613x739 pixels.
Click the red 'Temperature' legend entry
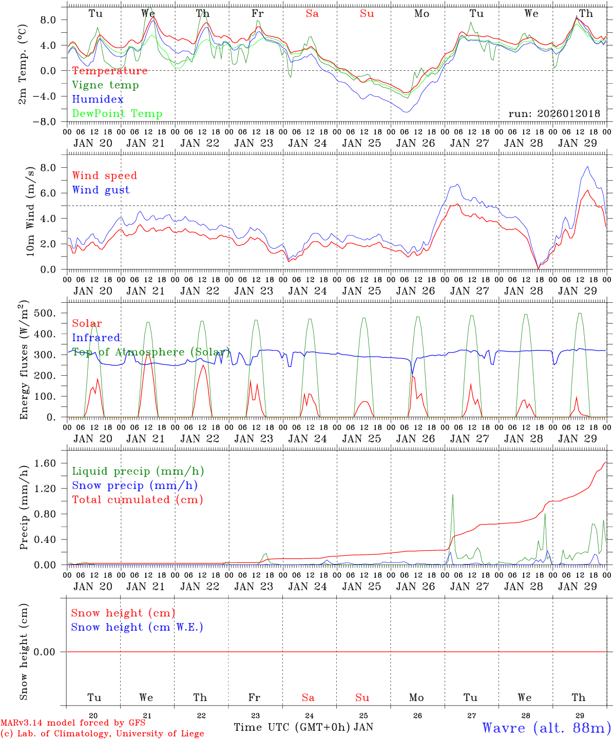(109, 71)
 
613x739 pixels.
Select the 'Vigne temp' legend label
(105, 85)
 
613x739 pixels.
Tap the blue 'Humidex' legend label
(98, 100)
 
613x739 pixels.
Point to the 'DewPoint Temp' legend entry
(117, 114)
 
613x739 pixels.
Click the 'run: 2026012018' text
(554, 114)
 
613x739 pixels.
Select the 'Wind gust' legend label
(101, 190)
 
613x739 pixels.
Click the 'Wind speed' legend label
(104, 176)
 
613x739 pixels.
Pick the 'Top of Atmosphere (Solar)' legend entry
(150, 352)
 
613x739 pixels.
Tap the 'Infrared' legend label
(96, 338)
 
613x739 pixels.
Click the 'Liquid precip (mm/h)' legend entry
(138, 471)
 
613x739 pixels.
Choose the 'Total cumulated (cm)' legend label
(137, 500)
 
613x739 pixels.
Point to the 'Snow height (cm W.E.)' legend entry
(137, 627)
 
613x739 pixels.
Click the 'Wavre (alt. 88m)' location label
(547, 728)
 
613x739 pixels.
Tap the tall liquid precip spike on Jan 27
(452, 496)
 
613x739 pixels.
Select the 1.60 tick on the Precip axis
(51, 463)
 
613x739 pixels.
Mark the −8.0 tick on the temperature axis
(51, 122)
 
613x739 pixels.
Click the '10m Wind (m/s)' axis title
(30, 211)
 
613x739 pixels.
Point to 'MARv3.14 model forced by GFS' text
(73, 723)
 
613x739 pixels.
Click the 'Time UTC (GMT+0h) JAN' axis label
(303, 727)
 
